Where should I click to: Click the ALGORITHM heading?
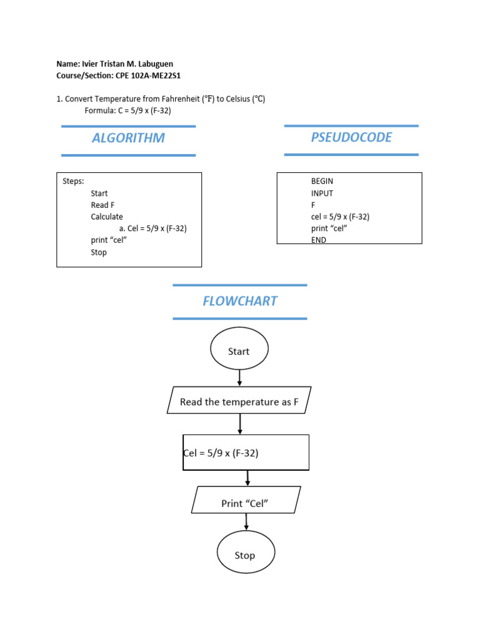tap(128, 138)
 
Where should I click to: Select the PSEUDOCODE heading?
tap(351, 138)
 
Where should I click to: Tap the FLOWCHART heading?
tap(240, 301)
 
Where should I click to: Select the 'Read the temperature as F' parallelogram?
tap(239, 402)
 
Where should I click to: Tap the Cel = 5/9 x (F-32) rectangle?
tap(246, 453)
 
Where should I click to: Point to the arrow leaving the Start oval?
tap(239, 378)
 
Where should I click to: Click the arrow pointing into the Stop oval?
tap(246, 521)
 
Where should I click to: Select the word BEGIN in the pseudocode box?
tap(322, 182)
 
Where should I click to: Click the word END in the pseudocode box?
tap(319, 240)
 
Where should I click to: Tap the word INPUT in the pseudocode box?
tap(322, 193)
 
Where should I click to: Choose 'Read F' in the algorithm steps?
tap(102, 205)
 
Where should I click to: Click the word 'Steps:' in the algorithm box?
tap(73, 182)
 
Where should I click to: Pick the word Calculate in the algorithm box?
tap(107, 217)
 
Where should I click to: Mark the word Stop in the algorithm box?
tap(99, 252)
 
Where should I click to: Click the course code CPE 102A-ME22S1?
tap(149, 76)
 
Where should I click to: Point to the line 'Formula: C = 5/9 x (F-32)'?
tap(127, 111)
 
